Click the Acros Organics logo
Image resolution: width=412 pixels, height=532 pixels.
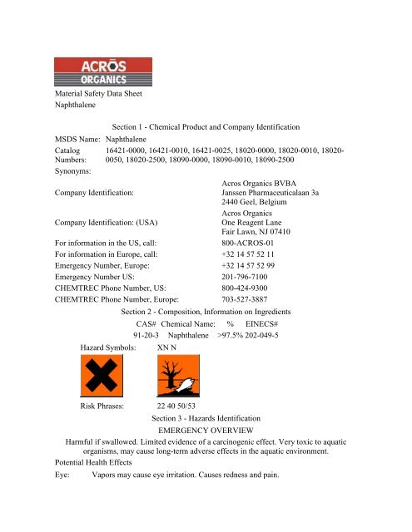coord(103,71)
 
